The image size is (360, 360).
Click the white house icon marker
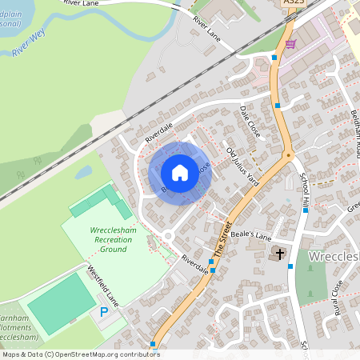coord(180,172)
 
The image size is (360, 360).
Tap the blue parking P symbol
coord(103,311)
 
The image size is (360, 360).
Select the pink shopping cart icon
coord(290,44)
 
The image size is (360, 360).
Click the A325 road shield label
coord(293,4)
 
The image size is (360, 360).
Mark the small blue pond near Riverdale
coord(84,172)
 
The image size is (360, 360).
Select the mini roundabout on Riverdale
coord(168,236)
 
